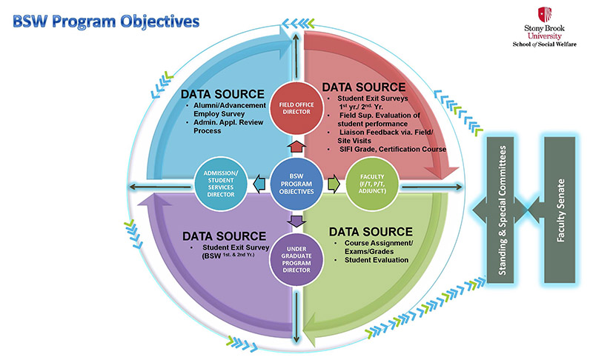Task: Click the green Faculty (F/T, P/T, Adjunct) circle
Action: tap(367, 181)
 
